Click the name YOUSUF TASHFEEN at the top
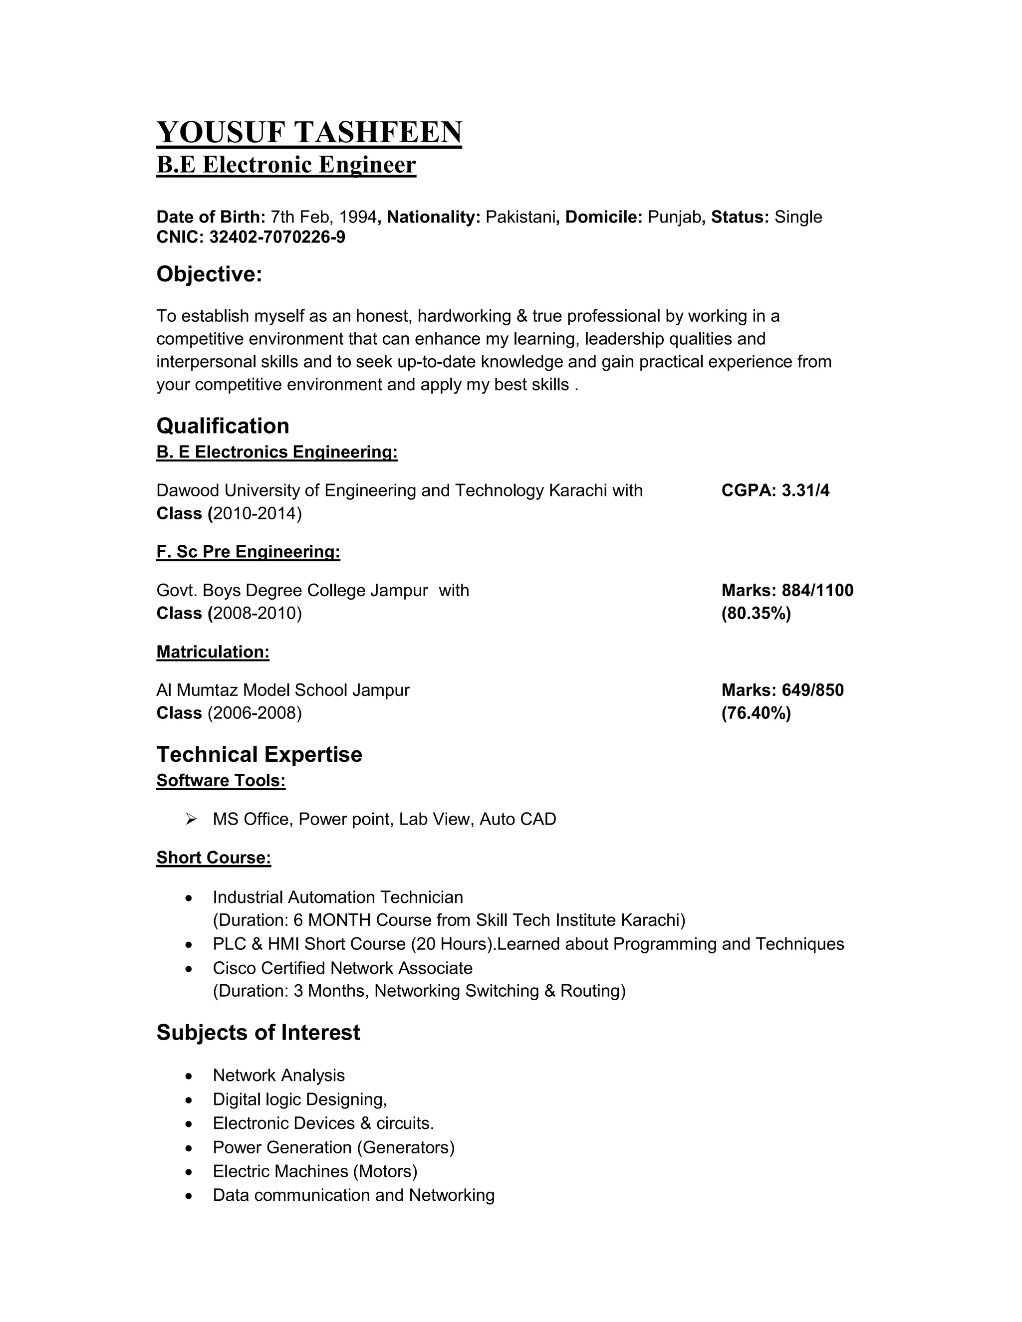(x=309, y=132)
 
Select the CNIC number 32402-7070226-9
(x=277, y=237)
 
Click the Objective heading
(x=209, y=274)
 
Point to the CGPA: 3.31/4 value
(x=775, y=490)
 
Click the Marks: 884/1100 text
(x=787, y=590)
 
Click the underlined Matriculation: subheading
(x=213, y=652)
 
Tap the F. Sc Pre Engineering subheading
(x=248, y=552)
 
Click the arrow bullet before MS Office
(x=191, y=819)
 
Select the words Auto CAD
(x=517, y=819)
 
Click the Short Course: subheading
(x=213, y=858)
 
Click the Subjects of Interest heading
(x=258, y=1033)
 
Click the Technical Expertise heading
(x=259, y=755)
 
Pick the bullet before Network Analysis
(x=190, y=1076)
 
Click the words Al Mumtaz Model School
(x=252, y=690)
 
